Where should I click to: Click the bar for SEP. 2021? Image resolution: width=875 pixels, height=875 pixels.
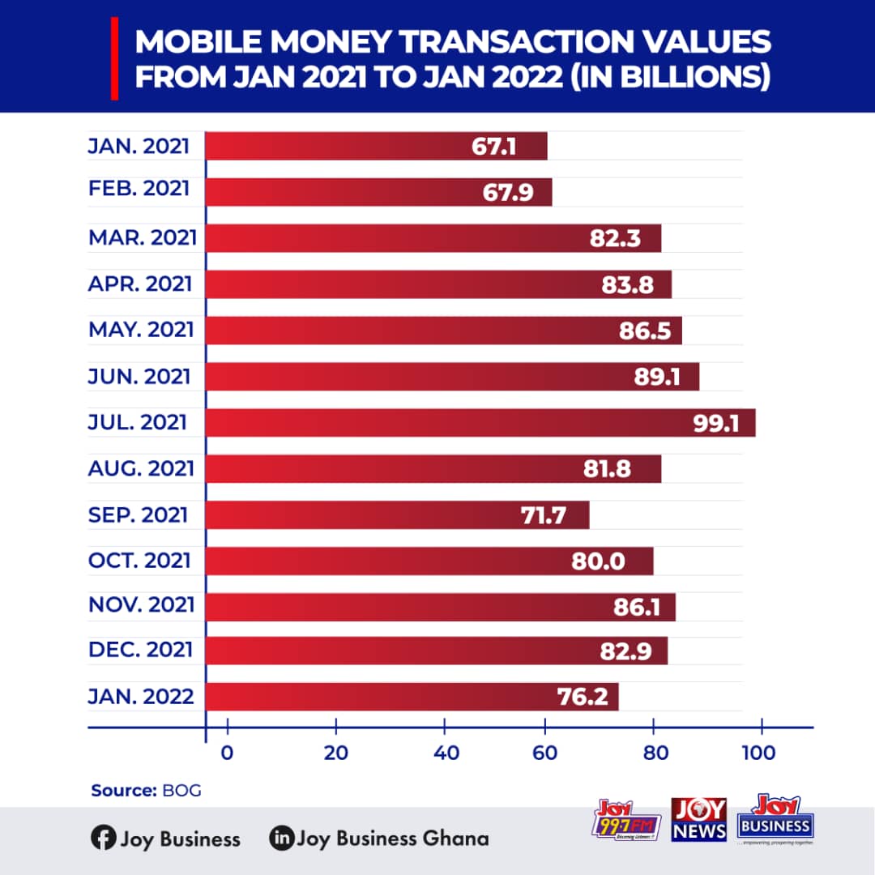[397, 515]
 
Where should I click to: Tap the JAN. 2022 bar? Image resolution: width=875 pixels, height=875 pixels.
[412, 697]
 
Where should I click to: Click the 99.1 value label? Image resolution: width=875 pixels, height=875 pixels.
[716, 423]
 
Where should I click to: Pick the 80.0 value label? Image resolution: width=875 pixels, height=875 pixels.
[598, 561]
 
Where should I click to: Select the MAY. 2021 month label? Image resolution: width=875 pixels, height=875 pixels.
[141, 330]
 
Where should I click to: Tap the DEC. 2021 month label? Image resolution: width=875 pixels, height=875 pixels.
[140, 650]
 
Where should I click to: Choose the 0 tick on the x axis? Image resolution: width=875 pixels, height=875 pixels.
[228, 753]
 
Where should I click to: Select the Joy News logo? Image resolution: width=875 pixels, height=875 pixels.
[698, 819]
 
